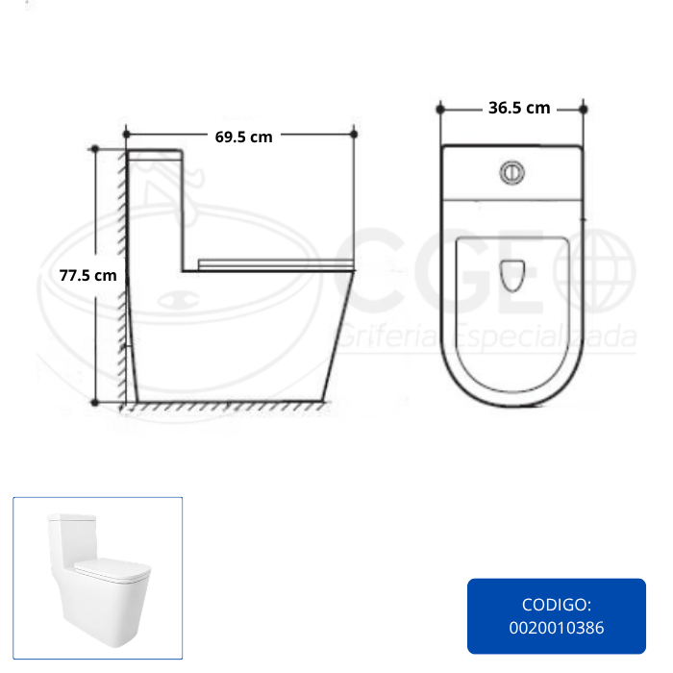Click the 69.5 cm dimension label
243,137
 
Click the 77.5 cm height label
88,275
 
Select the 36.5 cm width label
519,108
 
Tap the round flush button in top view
512,172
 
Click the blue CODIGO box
557,616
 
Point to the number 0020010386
557,628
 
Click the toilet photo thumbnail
97,578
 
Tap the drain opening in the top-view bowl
512,276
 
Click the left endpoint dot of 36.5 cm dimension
440,110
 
